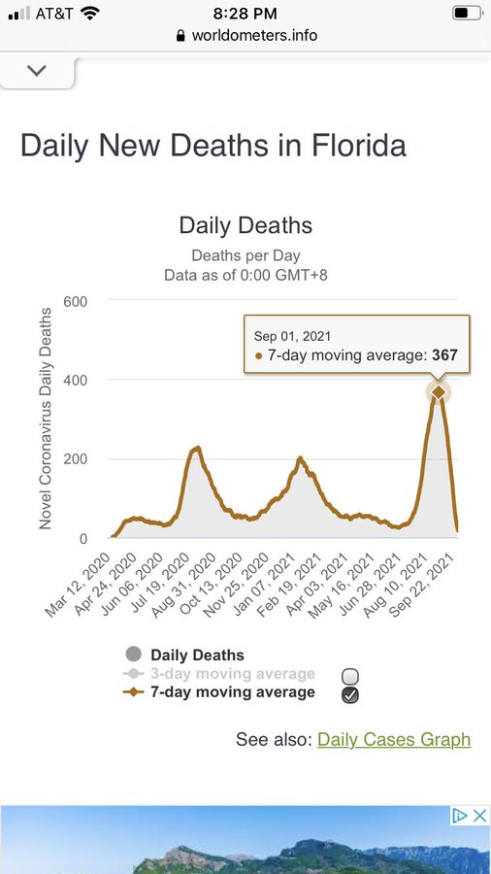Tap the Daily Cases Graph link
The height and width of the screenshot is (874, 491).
[x=394, y=739]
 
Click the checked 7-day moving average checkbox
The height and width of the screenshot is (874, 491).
[x=350, y=695]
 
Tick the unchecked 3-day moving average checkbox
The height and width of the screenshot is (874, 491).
[x=350, y=677]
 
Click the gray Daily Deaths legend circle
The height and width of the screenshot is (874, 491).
[x=134, y=655]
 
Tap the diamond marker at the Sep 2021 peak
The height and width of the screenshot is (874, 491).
[x=439, y=392]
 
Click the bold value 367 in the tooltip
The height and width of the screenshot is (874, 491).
[x=444, y=355]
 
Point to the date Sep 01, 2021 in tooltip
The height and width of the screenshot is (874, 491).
[x=292, y=336]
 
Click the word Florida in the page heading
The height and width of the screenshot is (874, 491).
[x=358, y=146]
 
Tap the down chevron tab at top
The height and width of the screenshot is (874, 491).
[x=37, y=71]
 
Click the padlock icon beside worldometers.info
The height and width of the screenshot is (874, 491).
[x=180, y=36]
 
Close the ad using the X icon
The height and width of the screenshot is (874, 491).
[x=480, y=816]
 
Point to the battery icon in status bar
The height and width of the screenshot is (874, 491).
[x=467, y=14]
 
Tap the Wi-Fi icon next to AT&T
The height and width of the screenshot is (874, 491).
[x=89, y=13]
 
